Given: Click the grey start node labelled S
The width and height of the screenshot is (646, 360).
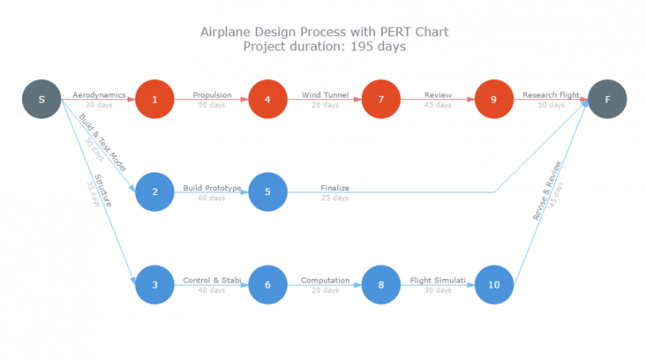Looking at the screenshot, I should tap(41, 100).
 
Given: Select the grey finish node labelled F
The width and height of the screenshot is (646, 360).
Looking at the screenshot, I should tap(607, 100).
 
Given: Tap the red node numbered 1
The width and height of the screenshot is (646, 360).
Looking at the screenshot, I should tap(155, 100).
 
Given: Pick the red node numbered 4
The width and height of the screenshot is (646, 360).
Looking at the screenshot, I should tap(267, 100).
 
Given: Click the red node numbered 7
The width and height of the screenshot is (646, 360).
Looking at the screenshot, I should tap(381, 100).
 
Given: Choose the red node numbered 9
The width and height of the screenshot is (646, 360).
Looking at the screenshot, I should tap(494, 100).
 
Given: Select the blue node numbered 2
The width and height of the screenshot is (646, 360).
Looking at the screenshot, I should tap(155, 192).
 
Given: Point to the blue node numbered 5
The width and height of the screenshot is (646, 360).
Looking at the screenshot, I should tap(267, 192).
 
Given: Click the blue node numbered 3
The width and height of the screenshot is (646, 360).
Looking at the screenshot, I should tap(155, 284).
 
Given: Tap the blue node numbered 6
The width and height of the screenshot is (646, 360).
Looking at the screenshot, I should tap(267, 284).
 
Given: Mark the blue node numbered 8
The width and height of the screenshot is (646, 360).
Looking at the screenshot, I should tap(381, 284).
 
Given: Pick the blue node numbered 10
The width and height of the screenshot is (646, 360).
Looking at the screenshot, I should tap(494, 284).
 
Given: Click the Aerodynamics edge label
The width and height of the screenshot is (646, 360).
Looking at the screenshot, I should tap(98, 95).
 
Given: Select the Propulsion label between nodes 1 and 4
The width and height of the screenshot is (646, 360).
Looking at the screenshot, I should tap(212, 95).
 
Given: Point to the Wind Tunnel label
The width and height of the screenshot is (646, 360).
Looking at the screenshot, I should tap(325, 95).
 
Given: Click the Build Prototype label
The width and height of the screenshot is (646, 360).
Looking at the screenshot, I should tap(212, 188).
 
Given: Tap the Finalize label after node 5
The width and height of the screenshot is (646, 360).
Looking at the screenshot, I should tap(335, 188).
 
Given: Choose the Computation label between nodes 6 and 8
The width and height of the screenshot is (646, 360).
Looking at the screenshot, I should tap(325, 279).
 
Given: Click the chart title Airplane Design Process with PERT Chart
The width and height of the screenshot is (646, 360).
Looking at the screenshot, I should tap(324, 32).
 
